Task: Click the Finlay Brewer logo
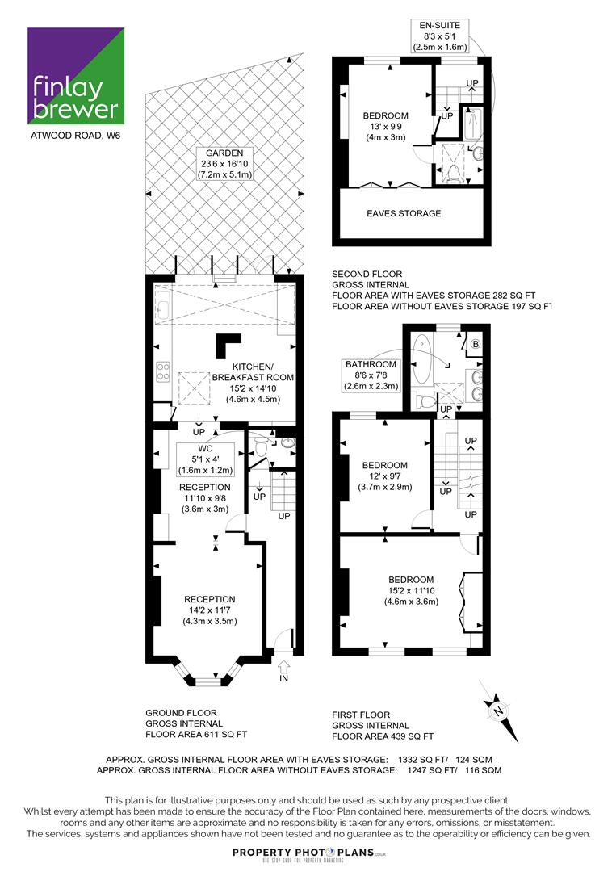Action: [76, 76]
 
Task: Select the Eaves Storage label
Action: [404, 213]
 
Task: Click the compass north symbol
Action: [499, 711]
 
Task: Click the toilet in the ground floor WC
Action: [260, 446]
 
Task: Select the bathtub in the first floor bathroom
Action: [421, 358]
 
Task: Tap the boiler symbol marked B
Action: [476, 344]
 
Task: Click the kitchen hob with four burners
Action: [163, 371]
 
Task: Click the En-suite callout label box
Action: [439, 36]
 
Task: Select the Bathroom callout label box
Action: [371, 375]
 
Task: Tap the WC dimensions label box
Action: [205, 459]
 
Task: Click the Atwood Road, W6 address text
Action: [76, 136]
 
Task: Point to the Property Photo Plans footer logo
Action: [308, 854]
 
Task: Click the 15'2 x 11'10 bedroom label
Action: [412, 590]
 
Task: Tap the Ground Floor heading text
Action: [181, 713]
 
